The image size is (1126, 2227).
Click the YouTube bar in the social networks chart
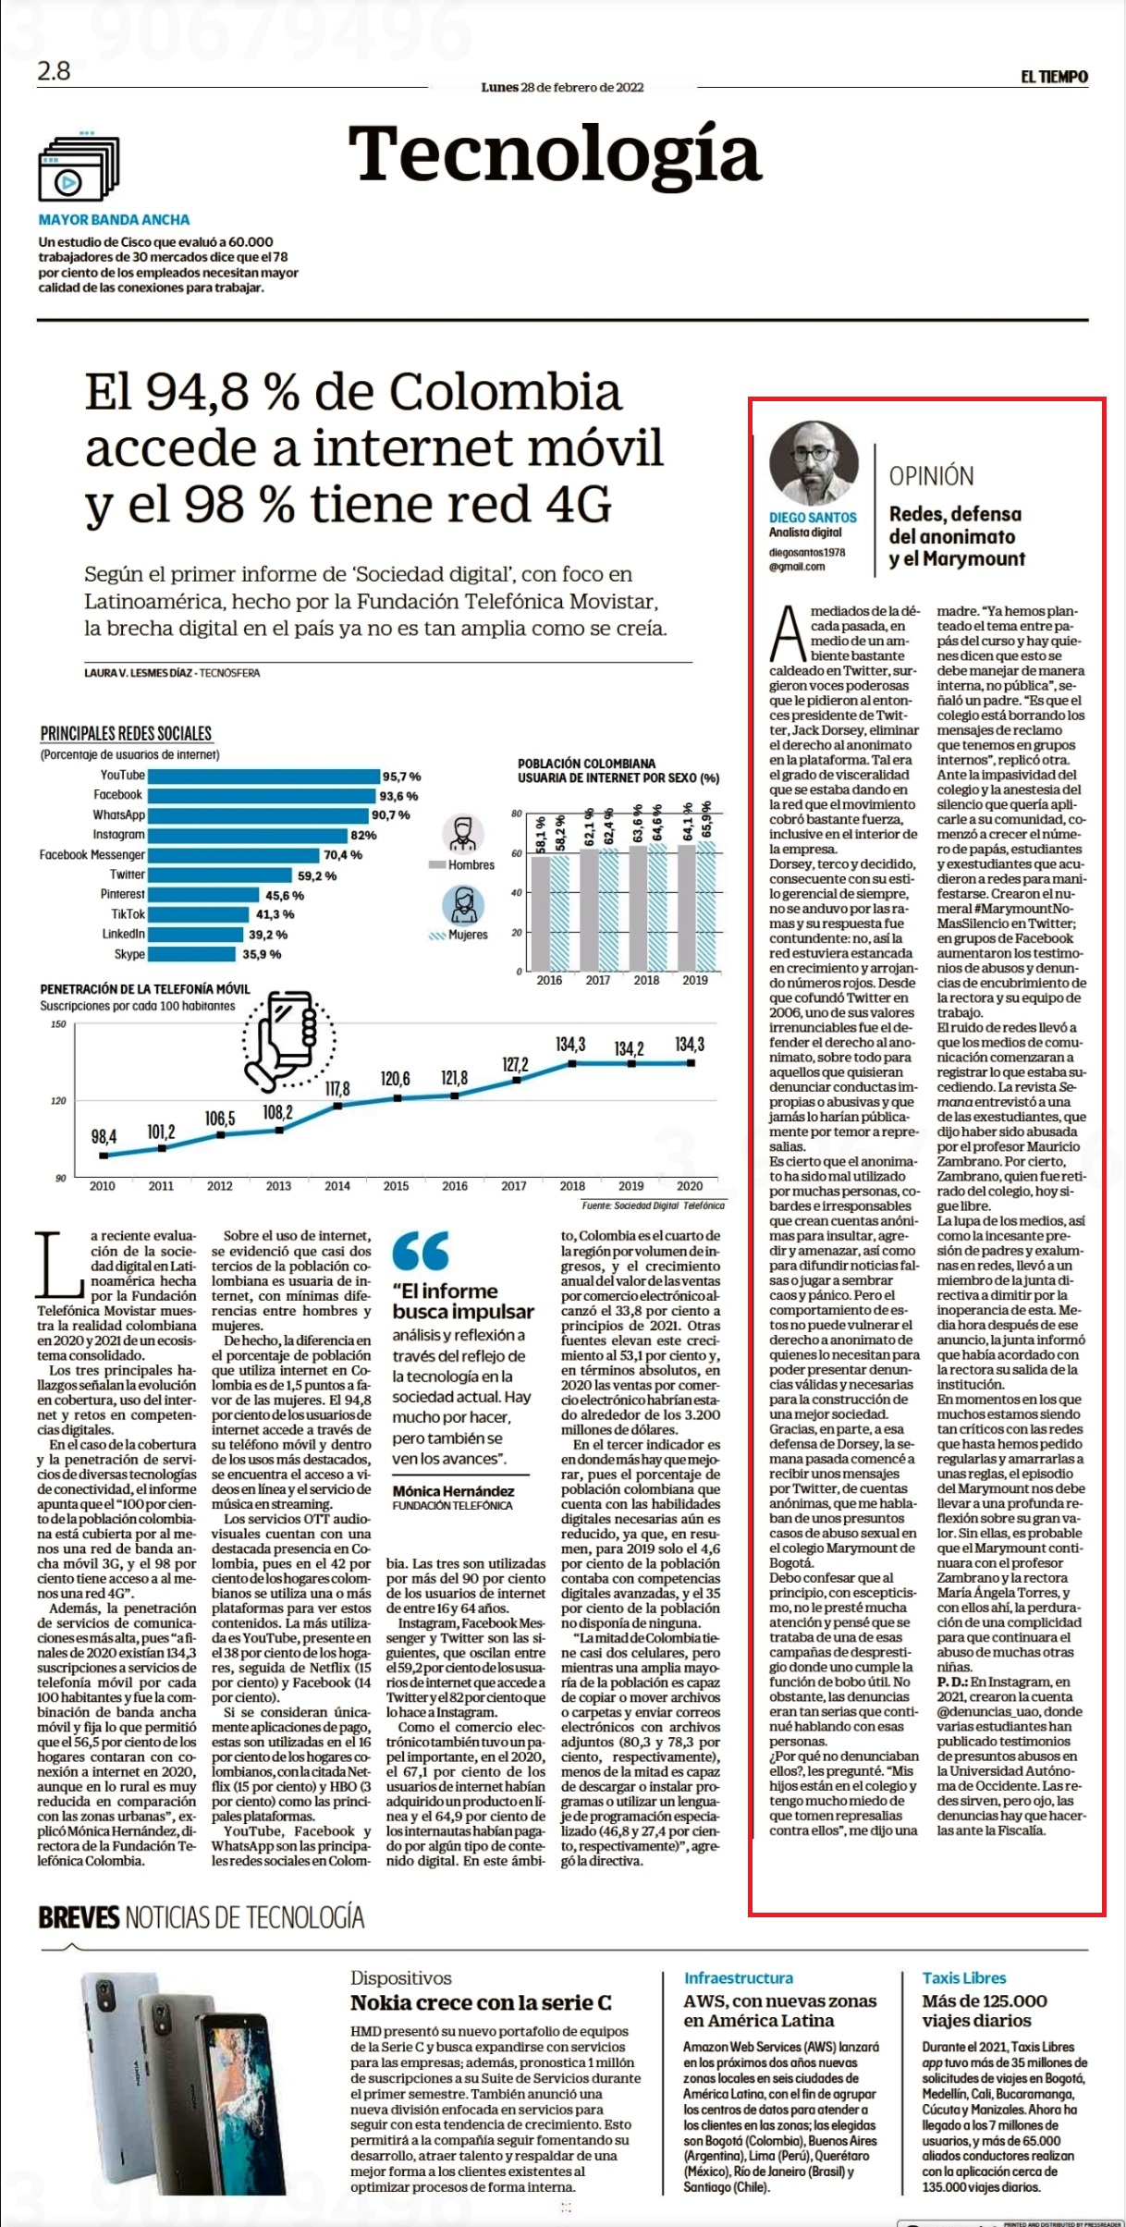[263, 776]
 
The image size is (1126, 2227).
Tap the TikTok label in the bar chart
[128, 914]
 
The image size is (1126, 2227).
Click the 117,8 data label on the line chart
[337, 1089]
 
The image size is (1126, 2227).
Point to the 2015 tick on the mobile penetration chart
[396, 1186]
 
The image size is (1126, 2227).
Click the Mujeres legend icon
[463, 905]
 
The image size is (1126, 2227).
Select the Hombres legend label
[471, 865]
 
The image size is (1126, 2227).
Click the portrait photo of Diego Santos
[814, 463]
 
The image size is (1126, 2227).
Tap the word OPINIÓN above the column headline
[931, 476]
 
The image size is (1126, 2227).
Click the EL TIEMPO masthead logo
[1054, 77]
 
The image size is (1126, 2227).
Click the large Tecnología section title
[555, 154]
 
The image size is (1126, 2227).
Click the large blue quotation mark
[421, 1251]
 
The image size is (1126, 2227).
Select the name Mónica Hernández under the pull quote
[453, 1491]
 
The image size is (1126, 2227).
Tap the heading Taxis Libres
[963, 1978]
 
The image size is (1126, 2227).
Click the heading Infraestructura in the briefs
[738, 1978]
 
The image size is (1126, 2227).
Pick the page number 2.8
[54, 70]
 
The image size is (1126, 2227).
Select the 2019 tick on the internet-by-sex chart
[695, 980]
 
